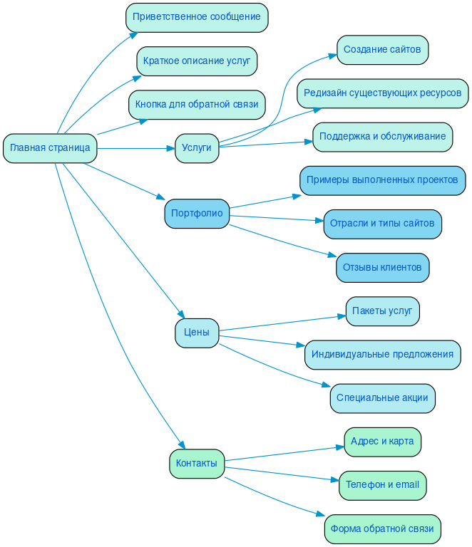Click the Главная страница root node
50,148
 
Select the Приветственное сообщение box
197,17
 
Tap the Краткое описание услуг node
197,61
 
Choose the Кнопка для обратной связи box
197,105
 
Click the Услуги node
197,148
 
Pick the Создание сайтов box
382,50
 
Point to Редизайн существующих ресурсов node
382,93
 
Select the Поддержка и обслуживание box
382,137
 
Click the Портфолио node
197,214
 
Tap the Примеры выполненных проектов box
382,181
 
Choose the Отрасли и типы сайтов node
382,224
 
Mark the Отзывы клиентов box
382,268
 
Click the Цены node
197,333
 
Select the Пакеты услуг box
382,311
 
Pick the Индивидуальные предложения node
382,355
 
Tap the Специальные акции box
382,398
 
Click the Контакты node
197,464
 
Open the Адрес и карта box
382,442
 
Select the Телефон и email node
382,485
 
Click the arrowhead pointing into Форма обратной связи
319,516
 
